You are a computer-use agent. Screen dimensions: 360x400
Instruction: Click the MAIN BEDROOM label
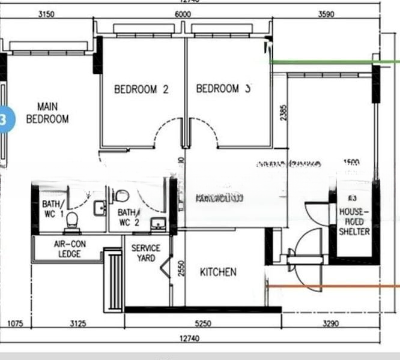(47, 113)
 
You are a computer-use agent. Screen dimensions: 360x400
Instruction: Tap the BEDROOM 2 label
(141, 89)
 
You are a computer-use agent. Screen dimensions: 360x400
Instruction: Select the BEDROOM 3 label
(223, 89)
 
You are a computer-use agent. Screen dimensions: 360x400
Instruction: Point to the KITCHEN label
(218, 272)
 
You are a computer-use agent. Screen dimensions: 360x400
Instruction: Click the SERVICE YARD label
(146, 253)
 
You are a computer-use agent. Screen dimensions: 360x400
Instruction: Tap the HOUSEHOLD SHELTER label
(354, 221)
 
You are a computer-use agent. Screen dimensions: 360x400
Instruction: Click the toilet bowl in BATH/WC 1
(71, 221)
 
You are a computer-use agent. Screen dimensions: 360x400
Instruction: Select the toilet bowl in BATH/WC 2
(122, 196)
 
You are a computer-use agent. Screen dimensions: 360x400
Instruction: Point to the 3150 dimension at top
(46, 14)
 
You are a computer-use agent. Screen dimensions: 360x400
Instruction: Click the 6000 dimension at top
(183, 14)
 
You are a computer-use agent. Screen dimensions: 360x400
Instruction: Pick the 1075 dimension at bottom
(15, 324)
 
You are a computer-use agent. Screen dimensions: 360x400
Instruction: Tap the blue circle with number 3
(4, 119)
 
